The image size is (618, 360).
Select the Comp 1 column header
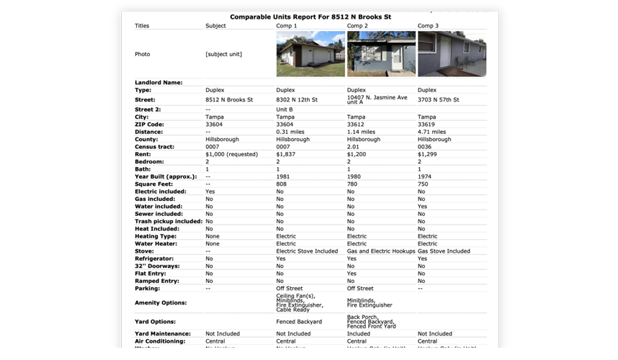(x=287, y=26)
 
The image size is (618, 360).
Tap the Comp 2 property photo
(x=380, y=54)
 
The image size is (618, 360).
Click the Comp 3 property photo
(x=452, y=54)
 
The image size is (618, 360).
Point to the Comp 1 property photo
(x=310, y=54)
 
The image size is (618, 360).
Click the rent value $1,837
(x=287, y=154)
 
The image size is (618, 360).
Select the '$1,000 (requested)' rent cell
(x=231, y=154)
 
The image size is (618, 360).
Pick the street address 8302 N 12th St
(x=297, y=100)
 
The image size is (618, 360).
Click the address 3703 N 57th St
(x=439, y=100)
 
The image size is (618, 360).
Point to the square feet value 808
(x=282, y=184)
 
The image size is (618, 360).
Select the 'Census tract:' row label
(x=155, y=147)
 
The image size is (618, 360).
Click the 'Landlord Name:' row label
(x=158, y=83)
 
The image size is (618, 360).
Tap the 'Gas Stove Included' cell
(x=444, y=251)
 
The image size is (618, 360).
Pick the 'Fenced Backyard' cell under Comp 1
(x=299, y=322)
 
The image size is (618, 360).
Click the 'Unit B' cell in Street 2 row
(x=284, y=109)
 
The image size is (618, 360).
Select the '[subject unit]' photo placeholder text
(x=223, y=54)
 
